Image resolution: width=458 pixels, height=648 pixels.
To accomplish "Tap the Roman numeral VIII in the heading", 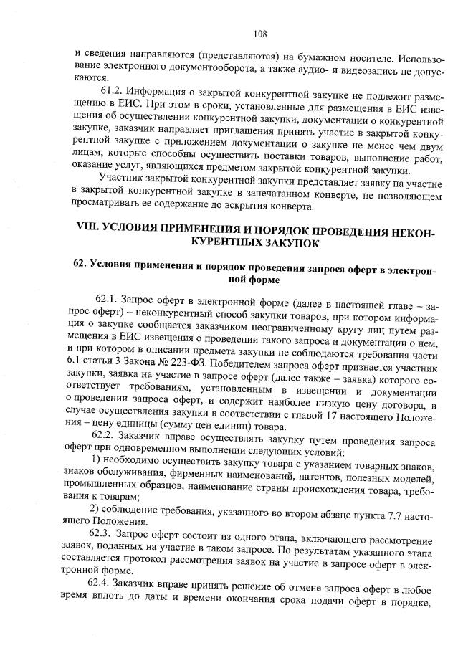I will pos(90,231).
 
